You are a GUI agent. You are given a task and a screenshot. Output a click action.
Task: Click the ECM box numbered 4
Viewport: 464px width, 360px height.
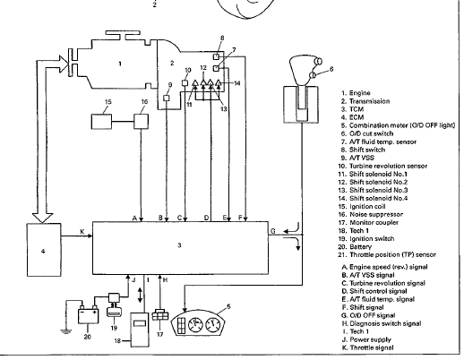tap(44, 250)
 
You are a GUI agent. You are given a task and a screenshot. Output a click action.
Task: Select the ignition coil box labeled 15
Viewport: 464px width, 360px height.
tap(101, 122)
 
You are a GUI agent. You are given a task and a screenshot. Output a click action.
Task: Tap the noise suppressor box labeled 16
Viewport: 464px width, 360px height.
tap(141, 121)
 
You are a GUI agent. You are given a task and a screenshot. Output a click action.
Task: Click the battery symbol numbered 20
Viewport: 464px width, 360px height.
tap(89, 314)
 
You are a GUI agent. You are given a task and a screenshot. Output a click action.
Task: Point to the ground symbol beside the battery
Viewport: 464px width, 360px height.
tap(65, 330)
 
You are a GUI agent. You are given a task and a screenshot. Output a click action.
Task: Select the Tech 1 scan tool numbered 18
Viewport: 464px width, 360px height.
tap(140, 330)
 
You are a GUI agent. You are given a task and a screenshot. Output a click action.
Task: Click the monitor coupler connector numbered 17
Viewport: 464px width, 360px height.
tap(160, 315)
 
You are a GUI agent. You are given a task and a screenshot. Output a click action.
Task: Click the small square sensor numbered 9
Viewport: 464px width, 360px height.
tap(167, 98)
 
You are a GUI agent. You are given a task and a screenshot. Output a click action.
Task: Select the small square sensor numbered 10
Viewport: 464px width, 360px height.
tap(185, 82)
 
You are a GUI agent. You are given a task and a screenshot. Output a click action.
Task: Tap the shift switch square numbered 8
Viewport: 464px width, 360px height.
tap(216, 56)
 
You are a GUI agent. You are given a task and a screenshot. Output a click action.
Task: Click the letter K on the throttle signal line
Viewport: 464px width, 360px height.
tap(82, 232)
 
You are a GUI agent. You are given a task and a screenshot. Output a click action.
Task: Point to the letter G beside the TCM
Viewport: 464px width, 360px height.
tap(273, 231)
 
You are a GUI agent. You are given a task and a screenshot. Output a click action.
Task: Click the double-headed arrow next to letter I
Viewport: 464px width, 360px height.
tap(140, 296)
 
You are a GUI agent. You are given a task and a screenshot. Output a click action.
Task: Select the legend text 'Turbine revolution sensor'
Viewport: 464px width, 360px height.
tap(388, 166)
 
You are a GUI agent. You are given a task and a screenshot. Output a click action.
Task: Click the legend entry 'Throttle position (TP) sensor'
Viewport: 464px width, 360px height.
tap(392, 255)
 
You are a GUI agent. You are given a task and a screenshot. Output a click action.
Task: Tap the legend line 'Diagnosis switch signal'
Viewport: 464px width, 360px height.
tap(385, 323)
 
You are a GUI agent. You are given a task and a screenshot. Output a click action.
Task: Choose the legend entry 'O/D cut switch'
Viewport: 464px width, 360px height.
tap(371, 133)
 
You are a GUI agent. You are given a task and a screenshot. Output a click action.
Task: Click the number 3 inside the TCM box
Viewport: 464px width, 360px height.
tap(179, 245)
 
